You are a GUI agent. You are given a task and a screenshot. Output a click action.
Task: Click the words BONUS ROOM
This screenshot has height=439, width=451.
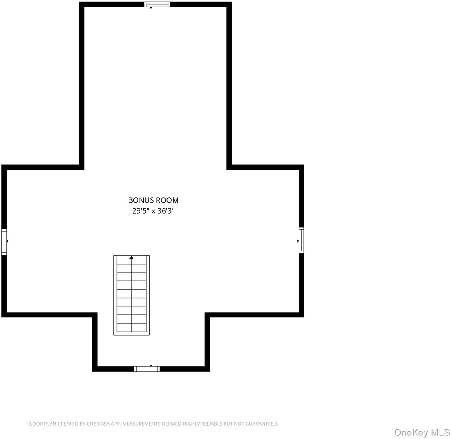153,200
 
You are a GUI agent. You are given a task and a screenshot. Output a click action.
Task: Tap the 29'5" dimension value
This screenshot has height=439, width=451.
140,211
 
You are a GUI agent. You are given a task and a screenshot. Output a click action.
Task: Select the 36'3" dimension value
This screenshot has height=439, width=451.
166,211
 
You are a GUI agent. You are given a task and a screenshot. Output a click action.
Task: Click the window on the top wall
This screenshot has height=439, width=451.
157,4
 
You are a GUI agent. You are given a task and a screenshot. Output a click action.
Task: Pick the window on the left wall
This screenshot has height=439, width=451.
4,242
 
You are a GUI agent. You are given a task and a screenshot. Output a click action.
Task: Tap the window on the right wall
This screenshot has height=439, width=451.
301,240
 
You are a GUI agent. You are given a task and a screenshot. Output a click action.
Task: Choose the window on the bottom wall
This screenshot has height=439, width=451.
147,369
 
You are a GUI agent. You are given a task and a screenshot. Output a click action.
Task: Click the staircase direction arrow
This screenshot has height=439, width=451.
132,258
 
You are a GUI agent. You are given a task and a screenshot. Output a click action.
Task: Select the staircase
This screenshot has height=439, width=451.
131,295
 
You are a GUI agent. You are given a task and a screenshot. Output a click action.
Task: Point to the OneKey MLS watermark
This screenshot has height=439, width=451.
421,432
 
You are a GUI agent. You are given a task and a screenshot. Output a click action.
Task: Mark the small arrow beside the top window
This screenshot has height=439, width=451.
151,8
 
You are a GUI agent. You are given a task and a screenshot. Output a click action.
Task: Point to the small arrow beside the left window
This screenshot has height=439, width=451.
7,241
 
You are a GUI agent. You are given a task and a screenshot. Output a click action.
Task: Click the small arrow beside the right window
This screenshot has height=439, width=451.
298,241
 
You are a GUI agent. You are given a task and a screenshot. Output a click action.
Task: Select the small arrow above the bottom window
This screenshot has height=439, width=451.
151,366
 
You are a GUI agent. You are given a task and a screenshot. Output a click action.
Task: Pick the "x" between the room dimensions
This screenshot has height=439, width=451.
154,212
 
